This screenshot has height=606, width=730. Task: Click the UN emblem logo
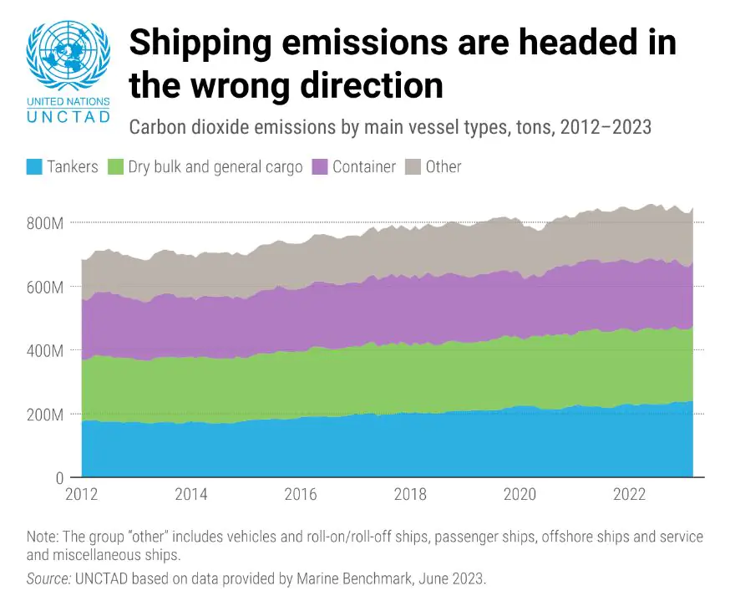pos(68,57)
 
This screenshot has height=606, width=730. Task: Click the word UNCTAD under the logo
pos(68,116)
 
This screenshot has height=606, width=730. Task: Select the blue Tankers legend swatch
pos(34,166)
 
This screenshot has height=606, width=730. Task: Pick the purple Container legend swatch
pos(319,166)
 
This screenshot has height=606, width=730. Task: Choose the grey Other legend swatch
pos(412,166)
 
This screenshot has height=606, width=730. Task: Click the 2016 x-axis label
pos(300,494)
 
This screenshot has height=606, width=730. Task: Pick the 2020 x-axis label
pos(520,494)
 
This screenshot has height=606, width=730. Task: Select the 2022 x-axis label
pos(629,494)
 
